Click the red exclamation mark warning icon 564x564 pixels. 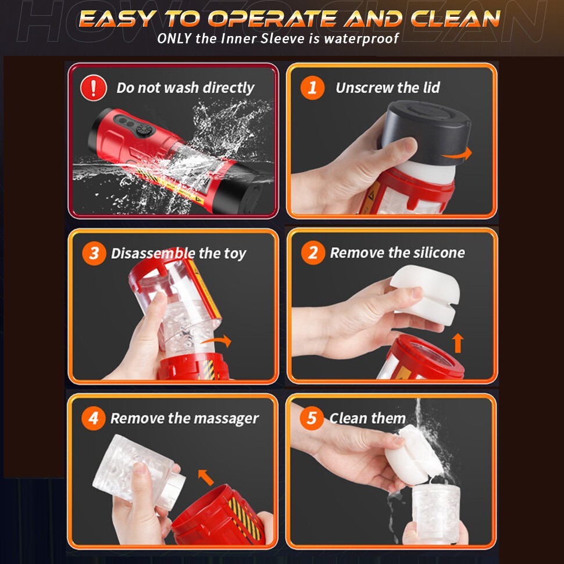pyautogui.click(x=94, y=88)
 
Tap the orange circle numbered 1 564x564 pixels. pyautogui.click(x=313, y=88)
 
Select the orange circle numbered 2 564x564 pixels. pyautogui.click(x=313, y=253)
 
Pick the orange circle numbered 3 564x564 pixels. pyautogui.click(x=94, y=254)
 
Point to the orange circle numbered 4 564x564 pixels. pyautogui.click(x=94, y=418)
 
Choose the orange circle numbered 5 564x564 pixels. pyautogui.click(x=312, y=418)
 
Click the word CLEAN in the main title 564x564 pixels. pyautogui.click(x=456, y=19)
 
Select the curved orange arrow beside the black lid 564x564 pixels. pyautogui.click(x=458, y=154)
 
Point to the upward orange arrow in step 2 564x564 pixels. pyautogui.click(x=458, y=343)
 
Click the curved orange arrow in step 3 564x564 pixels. pyautogui.click(x=216, y=340)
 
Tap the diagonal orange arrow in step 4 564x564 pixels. pyautogui.click(x=206, y=477)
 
